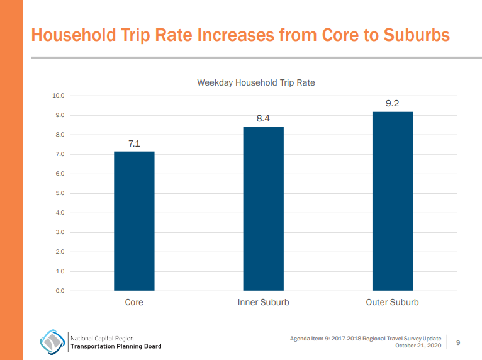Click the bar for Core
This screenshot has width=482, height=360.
coord(134,221)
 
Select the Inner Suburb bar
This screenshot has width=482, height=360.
coord(263,208)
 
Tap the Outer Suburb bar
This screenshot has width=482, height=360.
coord(392,201)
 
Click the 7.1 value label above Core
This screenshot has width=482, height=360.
coord(134,143)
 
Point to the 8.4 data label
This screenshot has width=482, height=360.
coord(263,118)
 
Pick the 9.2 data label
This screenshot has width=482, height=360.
coord(392,103)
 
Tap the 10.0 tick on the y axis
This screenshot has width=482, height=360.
coord(59,96)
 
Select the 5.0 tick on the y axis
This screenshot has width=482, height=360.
coord(60,193)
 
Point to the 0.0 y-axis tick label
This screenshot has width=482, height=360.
coord(60,291)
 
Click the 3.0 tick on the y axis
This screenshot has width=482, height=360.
coord(60,232)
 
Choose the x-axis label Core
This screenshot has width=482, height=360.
coord(134,303)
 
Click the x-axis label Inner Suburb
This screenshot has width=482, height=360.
coord(263,303)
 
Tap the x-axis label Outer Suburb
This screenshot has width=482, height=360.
coord(392,303)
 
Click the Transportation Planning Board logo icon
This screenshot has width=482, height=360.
coord(52,342)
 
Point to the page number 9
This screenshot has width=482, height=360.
coord(458,342)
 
